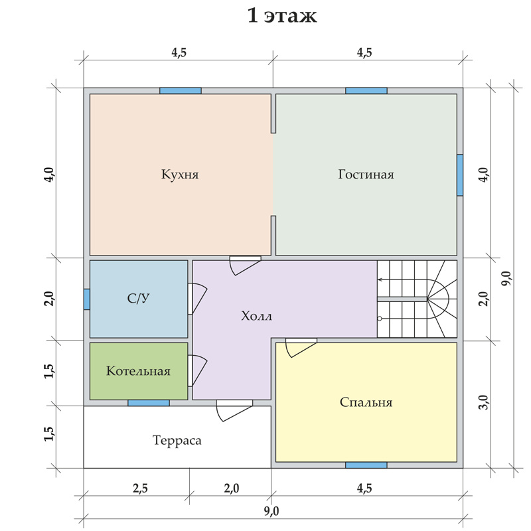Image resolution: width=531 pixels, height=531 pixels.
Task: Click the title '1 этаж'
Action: point(282,16)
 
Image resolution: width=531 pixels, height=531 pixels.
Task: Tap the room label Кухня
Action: point(180,175)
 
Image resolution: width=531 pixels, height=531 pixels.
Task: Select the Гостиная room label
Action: point(366,175)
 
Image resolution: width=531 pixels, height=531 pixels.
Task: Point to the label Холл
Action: point(256,317)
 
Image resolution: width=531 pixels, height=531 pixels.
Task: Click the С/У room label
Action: point(138,298)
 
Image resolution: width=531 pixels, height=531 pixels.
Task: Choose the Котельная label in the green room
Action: point(138,371)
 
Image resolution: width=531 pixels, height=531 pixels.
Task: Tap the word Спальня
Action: point(366,402)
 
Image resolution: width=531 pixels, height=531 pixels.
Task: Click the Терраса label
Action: point(177,440)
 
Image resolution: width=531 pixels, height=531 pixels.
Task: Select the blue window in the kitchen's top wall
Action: point(181,91)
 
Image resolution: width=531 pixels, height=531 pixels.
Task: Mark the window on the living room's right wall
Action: point(460,175)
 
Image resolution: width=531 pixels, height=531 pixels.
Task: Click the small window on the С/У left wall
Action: point(87,299)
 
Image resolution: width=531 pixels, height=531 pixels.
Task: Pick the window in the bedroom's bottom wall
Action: point(366,465)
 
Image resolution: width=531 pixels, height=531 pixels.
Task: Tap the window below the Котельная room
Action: point(148,403)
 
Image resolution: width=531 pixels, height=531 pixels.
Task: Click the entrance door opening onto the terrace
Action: point(234,410)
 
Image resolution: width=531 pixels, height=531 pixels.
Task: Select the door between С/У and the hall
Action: point(196,298)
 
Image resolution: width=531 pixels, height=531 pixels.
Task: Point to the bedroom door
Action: point(301,347)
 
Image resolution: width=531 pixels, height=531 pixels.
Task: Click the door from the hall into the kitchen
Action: point(245,265)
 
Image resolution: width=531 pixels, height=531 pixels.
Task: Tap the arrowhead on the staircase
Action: point(380,279)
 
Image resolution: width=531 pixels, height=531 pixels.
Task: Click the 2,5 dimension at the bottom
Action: point(140,489)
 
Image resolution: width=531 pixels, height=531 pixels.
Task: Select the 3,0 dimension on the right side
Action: point(485,402)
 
